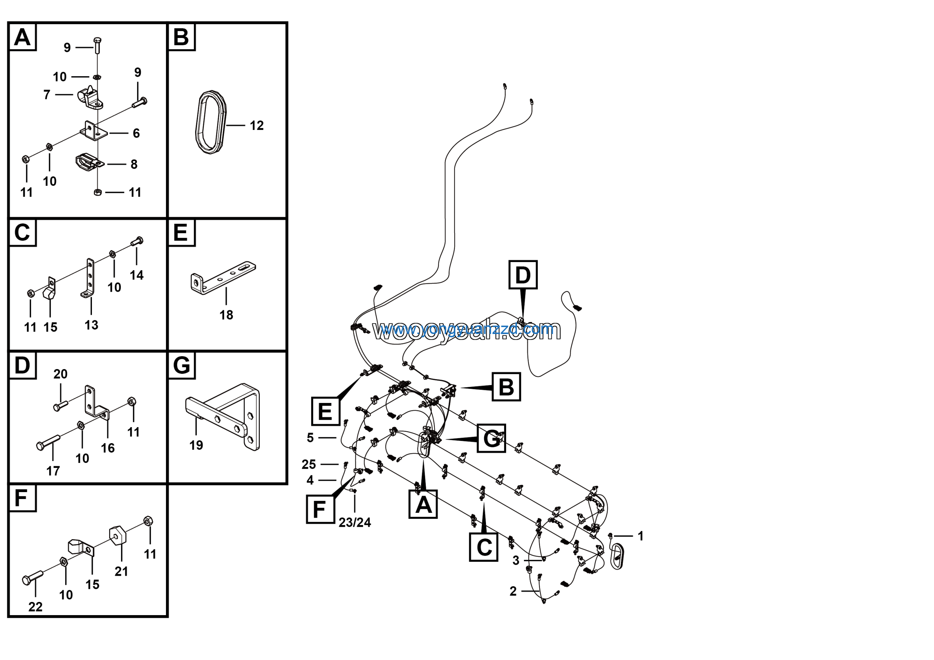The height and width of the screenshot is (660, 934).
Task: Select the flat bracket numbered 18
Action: pos(223,277)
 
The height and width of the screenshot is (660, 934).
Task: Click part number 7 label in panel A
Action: pos(47,95)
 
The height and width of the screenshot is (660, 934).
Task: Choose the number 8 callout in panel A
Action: pos(134,164)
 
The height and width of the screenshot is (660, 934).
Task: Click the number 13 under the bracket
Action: pos(92,325)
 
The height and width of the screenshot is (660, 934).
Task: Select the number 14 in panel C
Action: pos(137,275)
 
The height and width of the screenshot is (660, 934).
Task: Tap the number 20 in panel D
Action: pos(60,374)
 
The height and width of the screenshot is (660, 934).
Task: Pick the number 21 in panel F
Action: pos(121,571)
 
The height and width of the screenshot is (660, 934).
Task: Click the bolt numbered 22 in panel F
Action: pos(32,578)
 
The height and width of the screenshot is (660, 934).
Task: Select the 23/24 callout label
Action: pos(355,522)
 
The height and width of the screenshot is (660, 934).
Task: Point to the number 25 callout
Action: pos(309,464)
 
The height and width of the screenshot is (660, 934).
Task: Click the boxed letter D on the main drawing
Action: pos(523,275)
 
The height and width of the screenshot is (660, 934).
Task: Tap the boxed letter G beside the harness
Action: pos(491,438)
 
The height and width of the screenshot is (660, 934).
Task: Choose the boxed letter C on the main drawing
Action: pos(484,547)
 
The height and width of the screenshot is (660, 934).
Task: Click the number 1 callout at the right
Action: pos(641,536)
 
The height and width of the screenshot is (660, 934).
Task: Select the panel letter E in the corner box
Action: pos(181,233)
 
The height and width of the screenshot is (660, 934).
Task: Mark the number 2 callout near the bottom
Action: pos(513,591)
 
